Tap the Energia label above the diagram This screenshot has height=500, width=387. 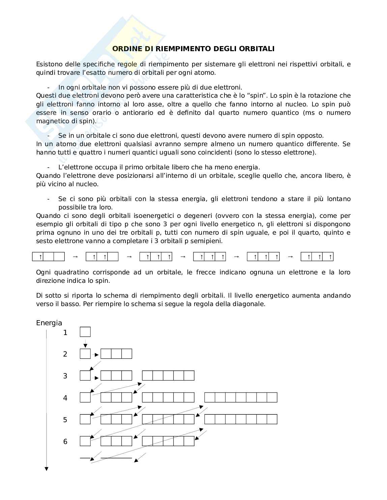49,323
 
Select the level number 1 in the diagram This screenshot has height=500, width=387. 65,333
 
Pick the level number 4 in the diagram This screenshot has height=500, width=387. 65,398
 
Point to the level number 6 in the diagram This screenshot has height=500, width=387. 65,441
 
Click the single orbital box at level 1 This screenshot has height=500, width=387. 85,332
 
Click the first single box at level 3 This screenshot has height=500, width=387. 85,375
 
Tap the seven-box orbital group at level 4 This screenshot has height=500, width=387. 241,397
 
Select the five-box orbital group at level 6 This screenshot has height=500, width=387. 168,441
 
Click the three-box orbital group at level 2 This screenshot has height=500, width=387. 116,354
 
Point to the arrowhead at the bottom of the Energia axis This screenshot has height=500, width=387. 47,469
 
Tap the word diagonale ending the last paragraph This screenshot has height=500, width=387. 251,304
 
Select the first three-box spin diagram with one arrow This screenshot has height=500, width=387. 48,257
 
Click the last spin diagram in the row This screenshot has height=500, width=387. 317,257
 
